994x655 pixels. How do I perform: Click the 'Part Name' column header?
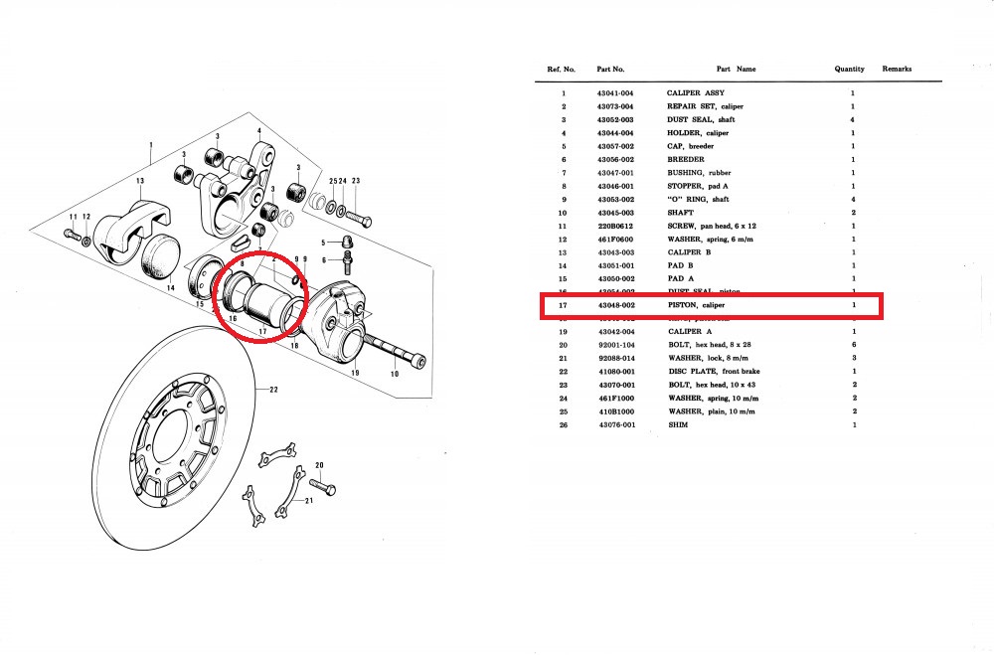pyautogui.click(x=736, y=70)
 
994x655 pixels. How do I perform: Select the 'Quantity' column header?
pyautogui.click(x=850, y=70)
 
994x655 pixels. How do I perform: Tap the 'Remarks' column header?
pyautogui.click(x=897, y=70)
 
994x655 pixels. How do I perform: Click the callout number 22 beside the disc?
pyautogui.click(x=273, y=391)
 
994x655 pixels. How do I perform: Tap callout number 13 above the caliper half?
pyautogui.click(x=141, y=181)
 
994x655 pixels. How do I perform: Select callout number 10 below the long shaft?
pyautogui.click(x=396, y=374)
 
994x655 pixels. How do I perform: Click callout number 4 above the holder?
pyautogui.click(x=258, y=131)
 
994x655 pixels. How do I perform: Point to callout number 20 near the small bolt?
pyautogui.click(x=319, y=465)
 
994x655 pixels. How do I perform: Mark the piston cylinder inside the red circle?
pyautogui.click(x=264, y=297)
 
